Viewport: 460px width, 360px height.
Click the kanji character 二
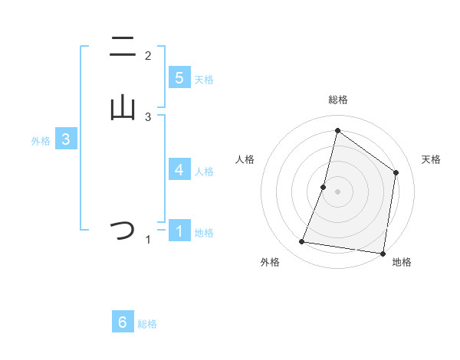tap(123, 47)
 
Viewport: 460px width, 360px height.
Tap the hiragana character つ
tap(123, 230)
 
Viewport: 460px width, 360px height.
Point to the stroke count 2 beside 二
tap(148, 56)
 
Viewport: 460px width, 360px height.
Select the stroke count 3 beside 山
tap(148, 117)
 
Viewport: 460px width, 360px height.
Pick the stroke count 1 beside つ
tap(148, 241)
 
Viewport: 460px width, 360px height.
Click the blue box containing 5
tap(179, 77)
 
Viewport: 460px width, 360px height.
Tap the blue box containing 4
tap(179, 169)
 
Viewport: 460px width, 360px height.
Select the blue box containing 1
tap(179, 231)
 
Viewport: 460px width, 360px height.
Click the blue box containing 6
tap(123, 322)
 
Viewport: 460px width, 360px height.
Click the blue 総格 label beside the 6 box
tap(147, 324)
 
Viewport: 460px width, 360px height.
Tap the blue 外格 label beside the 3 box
tap(41, 141)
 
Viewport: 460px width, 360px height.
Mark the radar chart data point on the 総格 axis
tap(337, 131)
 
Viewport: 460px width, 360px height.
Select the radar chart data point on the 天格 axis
tap(396, 172)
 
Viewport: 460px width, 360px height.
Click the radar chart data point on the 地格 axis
tap(383, 254)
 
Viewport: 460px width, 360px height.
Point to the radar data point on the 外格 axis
tap(302, 242)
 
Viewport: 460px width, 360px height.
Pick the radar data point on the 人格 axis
tap(324, 187)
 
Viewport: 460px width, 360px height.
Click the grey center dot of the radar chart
tap(337, 191)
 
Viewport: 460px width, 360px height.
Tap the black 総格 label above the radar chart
tap(337, 100)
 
